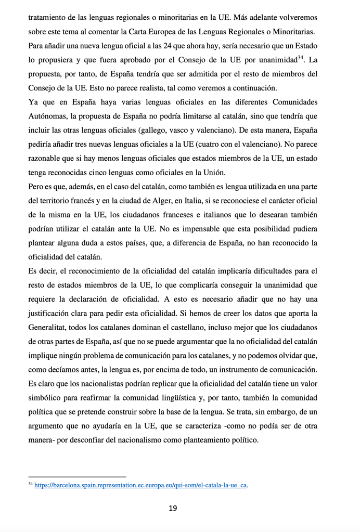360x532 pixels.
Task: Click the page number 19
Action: [x=173, y=508]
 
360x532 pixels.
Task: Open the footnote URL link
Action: [x=141, y=485]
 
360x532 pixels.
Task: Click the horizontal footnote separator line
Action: [x=77, y=476]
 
